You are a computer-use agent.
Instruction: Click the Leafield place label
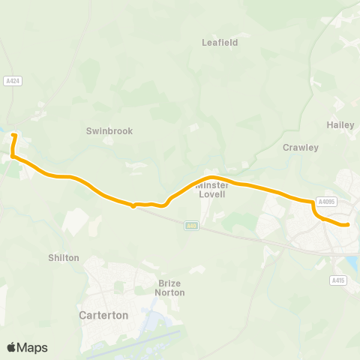pos(220,43)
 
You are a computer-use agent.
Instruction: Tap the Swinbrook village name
pos(109,130)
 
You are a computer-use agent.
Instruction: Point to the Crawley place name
pos(301,148)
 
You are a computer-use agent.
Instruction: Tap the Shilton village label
pos(64,257)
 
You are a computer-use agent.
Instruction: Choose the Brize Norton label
pos(171,288)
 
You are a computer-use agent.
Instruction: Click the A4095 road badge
pos(325,202)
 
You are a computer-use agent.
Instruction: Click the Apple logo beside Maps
pos(11,347)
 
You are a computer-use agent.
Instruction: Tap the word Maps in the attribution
pos(32,347)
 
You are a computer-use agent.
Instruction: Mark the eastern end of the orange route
pos(348,224)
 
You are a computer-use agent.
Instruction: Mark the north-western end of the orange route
pos(13,135)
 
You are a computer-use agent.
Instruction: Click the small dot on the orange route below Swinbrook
pos(133,205)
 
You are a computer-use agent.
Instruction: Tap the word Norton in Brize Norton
pos(171,292)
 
